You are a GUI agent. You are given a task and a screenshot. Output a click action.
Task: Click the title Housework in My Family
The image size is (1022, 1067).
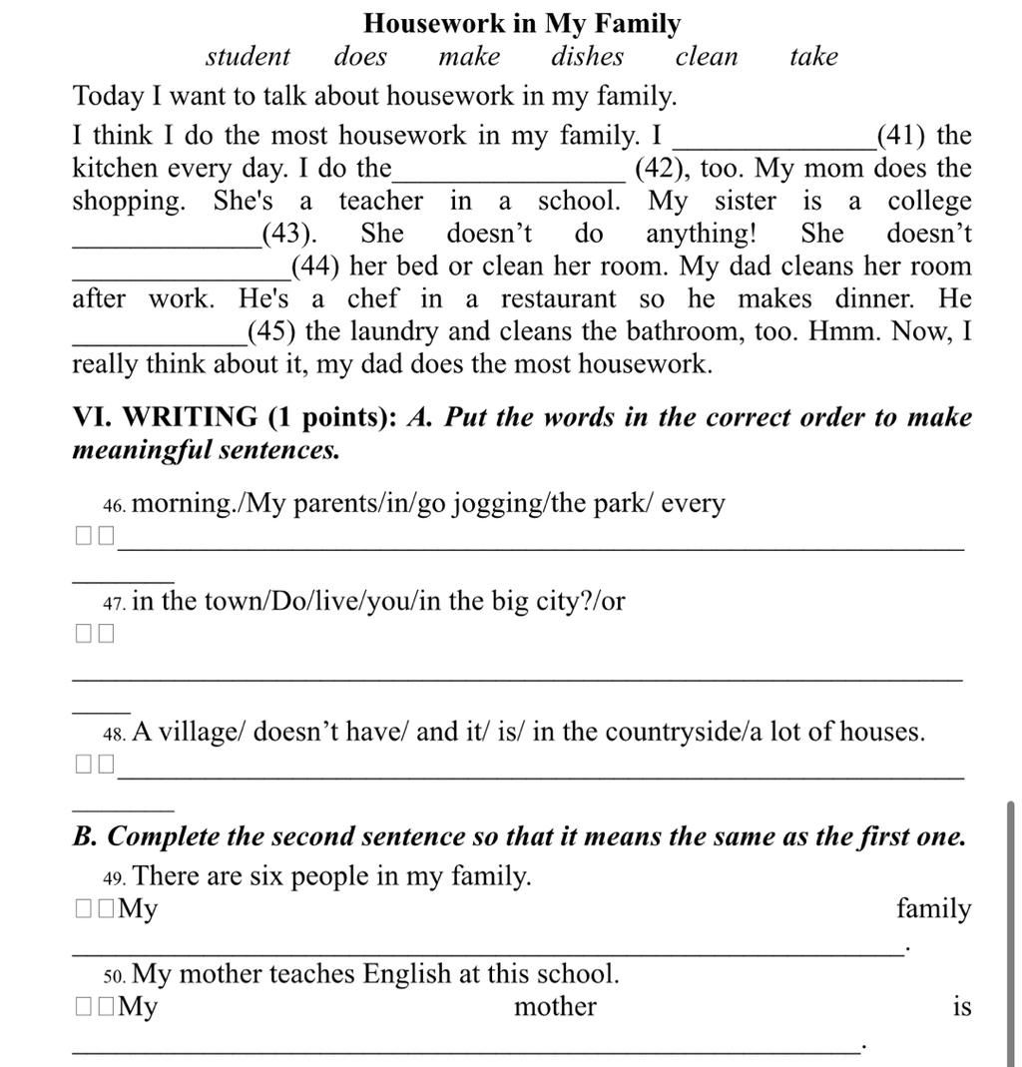tap(522, 23)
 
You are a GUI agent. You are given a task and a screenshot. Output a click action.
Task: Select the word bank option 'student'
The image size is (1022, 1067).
tap(248, 57)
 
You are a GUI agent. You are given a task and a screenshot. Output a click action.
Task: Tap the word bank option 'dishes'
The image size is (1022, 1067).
tap(587, 57)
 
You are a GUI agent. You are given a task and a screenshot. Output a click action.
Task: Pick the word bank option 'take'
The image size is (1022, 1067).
tap(813, 57)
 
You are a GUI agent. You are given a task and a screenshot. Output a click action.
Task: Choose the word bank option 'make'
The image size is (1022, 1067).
tap(469, 57)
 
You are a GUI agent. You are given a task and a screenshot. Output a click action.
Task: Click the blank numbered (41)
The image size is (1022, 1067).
tap(774, 137)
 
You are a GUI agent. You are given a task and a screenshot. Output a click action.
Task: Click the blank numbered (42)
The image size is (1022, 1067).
tap(510, 170)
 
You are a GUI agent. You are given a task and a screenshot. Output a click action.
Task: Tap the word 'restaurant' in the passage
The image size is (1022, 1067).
tap(558, 299)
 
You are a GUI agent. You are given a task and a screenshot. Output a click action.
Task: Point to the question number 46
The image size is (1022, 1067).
tap(114, 506)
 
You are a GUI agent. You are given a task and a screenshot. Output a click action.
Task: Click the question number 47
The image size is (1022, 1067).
tap(114, 604)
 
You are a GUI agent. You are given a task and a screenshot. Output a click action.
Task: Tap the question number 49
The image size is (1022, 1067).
tap(114, 878)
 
